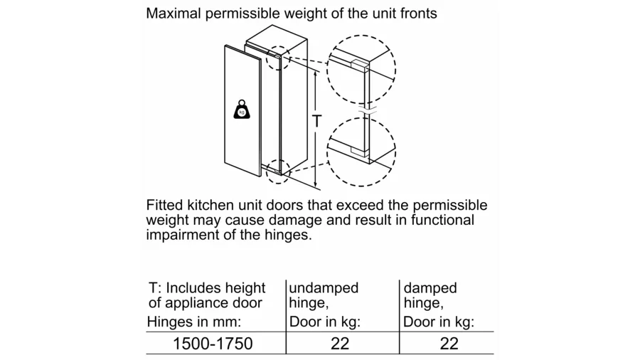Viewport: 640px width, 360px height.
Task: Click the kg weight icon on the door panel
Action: tap(242, 110)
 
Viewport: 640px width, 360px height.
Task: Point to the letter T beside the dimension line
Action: tap(316, 121)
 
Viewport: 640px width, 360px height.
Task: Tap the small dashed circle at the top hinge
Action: tap(278, 58)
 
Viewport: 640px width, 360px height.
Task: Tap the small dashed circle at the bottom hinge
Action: tap(278, 171)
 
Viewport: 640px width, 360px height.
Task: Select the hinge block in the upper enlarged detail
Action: tap(360, 65)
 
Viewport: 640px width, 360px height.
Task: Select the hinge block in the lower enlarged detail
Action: tap(360, 152)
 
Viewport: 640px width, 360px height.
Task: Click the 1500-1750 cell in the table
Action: tap(213, 344)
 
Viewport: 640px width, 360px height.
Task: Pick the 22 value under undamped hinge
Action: tap(340, 344)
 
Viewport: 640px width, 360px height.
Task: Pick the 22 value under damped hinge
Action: tap(449, 344)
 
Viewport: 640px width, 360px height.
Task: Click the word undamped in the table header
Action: tap(324, 287)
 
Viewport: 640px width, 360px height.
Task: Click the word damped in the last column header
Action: tap(430, 288)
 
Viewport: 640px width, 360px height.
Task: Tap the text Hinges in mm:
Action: tap(194, 322)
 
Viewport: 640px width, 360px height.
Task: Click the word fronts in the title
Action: tap(418, 14)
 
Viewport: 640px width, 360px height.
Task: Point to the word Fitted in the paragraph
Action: tap(165, 205)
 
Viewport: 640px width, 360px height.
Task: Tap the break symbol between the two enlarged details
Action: tap(368, 110)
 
